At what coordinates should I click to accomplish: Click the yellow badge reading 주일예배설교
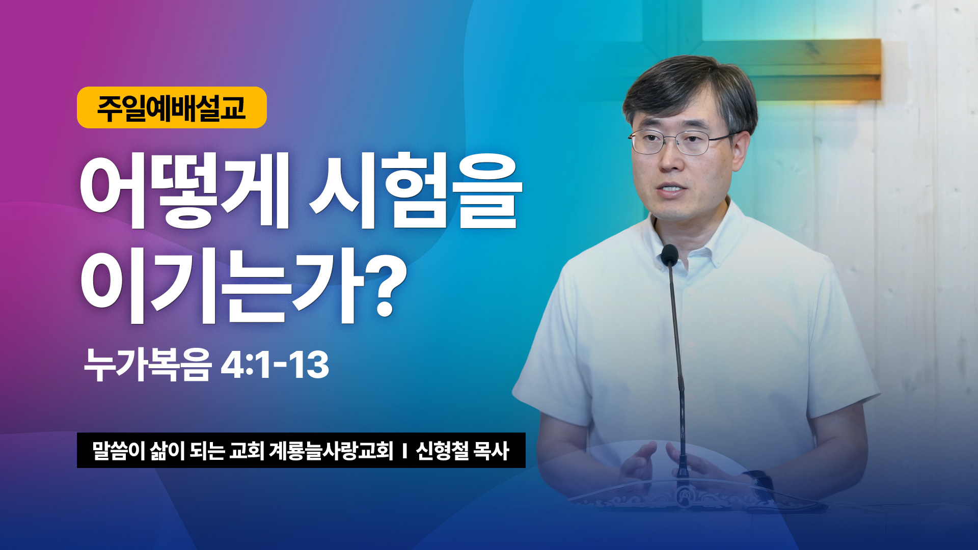[172, 107]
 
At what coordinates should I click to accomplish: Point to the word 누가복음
[147, 365]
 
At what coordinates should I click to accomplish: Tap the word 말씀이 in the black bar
[119, 451]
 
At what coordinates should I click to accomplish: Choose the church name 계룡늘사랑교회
[331, 451]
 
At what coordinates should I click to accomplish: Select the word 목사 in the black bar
[491, 451]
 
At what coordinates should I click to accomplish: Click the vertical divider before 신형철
[404, 451]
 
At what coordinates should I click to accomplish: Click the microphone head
[669, 255]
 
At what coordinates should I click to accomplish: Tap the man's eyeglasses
[682, 142]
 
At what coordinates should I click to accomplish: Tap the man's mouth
[670, 188]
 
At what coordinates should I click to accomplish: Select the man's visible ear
[742, 150]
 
